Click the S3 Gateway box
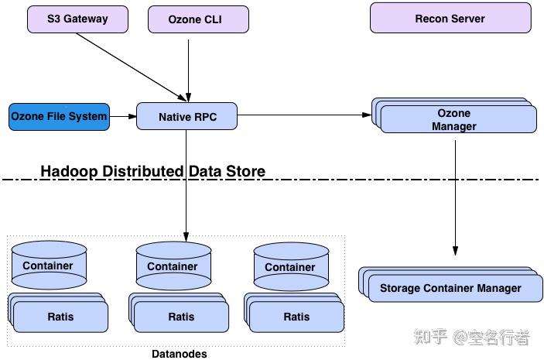pyautogui.click(x=77, y=19)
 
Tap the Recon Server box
pyautogui.click(x=450, y=18)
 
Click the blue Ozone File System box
pyautogui.click(x=59, y=116)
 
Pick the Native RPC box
pyautogui.click(x=186, y=117)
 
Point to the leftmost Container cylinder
pyautogui.click(x=48, y=266)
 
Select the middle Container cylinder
pyautogui.click(x=173, y=266)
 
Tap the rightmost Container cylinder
pyautogui.click(x=290, y=266)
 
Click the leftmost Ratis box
pyautogui.click(x=60, y=316)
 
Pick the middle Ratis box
pyautogui.click(x=181, y=317)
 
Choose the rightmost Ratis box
pyautogui.click(x=296, y=317)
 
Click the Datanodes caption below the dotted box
pyautogui.click(x=180, y=353)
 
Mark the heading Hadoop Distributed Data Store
pyautogui.click(x=152, y=171)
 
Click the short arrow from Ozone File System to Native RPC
pyautogui.click(x=122, y=117)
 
